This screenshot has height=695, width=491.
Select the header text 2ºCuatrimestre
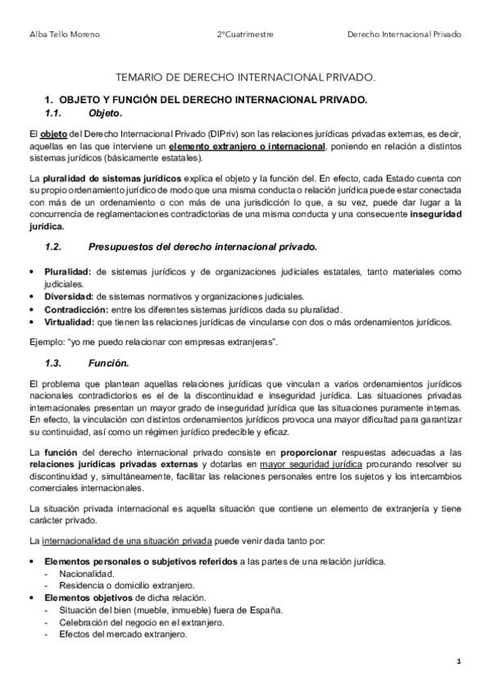(x=245, y=35)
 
